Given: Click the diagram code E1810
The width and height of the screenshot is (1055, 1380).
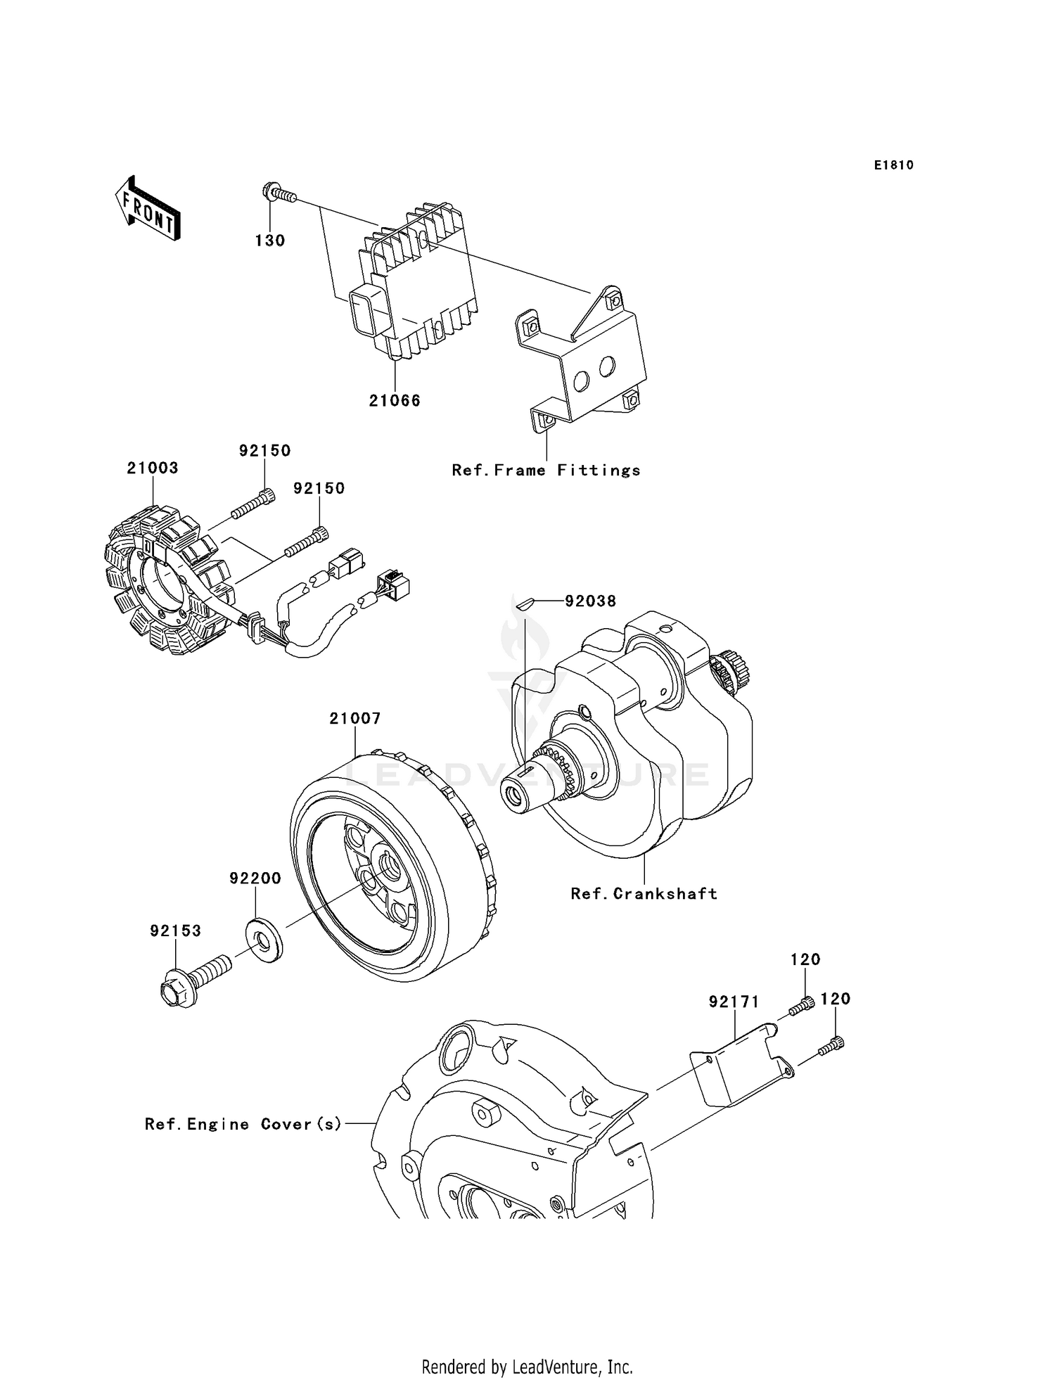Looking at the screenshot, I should point(893,165).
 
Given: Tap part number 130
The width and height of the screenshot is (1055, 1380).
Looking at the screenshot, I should point(270,241).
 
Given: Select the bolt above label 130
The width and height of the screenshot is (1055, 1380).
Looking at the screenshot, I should point(279,192).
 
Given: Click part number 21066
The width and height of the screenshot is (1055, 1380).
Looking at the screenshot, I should point(395,400).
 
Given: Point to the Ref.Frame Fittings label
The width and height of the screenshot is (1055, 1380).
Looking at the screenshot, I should point(546,470).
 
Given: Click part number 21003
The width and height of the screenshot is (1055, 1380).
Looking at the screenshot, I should point(153,468).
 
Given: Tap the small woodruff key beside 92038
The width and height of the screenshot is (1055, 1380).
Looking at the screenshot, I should point(525,601).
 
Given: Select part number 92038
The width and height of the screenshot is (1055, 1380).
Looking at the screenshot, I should point(591,601).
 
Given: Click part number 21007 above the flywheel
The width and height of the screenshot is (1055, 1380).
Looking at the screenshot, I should point(355,718).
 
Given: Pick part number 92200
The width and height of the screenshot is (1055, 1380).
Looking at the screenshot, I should point(255,878).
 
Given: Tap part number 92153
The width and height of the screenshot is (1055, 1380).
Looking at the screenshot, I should point(175,931).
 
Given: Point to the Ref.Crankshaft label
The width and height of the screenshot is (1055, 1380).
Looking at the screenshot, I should point(644,893).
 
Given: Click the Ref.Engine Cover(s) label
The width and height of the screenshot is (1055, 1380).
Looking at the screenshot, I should point(243,1124).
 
